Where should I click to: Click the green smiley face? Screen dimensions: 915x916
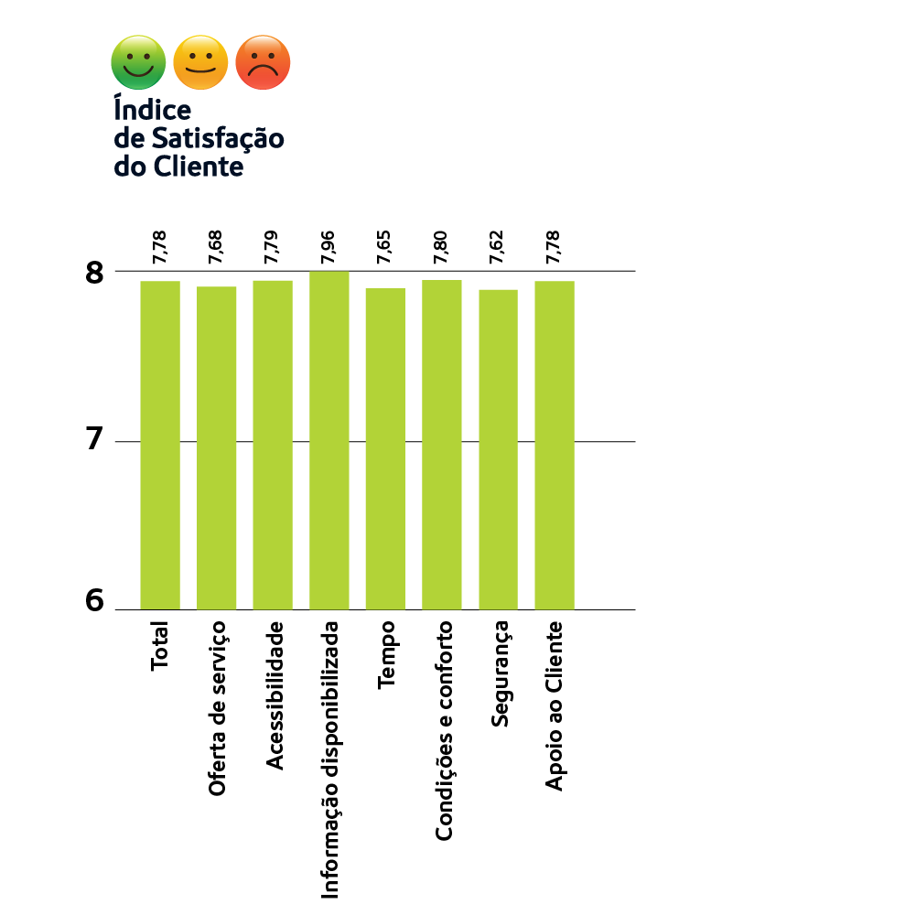(138, 62)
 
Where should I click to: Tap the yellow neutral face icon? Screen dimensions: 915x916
(200, 62)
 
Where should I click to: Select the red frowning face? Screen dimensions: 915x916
(263, 62)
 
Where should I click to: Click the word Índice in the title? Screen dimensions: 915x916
(152, 109)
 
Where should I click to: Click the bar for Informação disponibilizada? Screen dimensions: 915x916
(329, 440)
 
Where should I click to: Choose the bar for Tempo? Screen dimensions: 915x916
(385, 448)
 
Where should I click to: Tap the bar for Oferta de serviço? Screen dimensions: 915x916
(216, 447)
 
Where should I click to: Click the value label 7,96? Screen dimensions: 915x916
(329, 248)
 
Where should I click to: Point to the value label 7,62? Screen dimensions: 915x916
(498, 248)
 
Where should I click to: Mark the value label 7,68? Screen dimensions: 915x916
(216, 248)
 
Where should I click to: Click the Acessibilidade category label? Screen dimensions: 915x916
(274, 695)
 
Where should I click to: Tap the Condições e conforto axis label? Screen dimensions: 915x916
(443, 731)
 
